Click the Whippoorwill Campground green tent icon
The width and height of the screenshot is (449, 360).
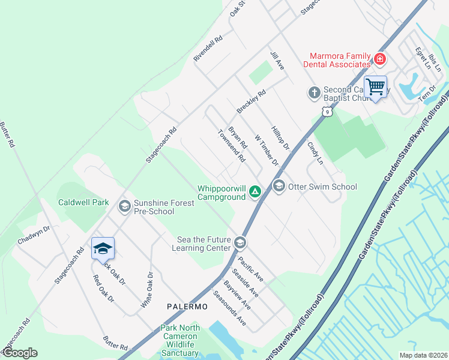point(255,192)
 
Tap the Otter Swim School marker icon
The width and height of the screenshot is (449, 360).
point(279,187)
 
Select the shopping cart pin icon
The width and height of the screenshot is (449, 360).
point(376,87)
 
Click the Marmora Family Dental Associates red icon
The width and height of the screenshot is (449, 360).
point(379,59)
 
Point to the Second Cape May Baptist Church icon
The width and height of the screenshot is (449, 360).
point(314,93)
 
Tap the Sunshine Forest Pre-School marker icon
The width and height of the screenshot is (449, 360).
point(124,207)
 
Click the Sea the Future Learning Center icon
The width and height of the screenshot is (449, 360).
point(240,242)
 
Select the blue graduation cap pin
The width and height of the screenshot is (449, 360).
point(103,248)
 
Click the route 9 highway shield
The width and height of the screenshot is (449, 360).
point(325,112)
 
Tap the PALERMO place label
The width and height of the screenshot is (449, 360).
point(187,307)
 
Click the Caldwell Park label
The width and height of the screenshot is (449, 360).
point(83,202)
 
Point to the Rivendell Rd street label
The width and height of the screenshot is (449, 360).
point(208,47)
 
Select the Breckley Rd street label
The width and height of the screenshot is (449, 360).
point(250,101)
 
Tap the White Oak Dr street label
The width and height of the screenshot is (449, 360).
point(147,290)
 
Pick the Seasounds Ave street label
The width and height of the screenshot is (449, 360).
point(230,308)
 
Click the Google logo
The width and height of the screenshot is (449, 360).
point(19,353)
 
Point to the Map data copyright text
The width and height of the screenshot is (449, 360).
point(423,355)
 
